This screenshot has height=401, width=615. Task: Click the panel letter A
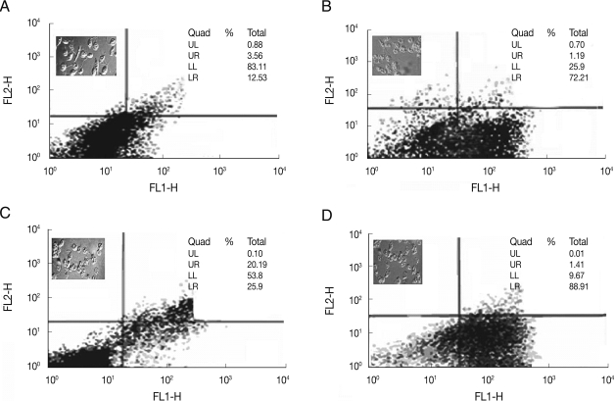7,7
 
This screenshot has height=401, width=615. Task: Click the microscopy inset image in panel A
86,56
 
